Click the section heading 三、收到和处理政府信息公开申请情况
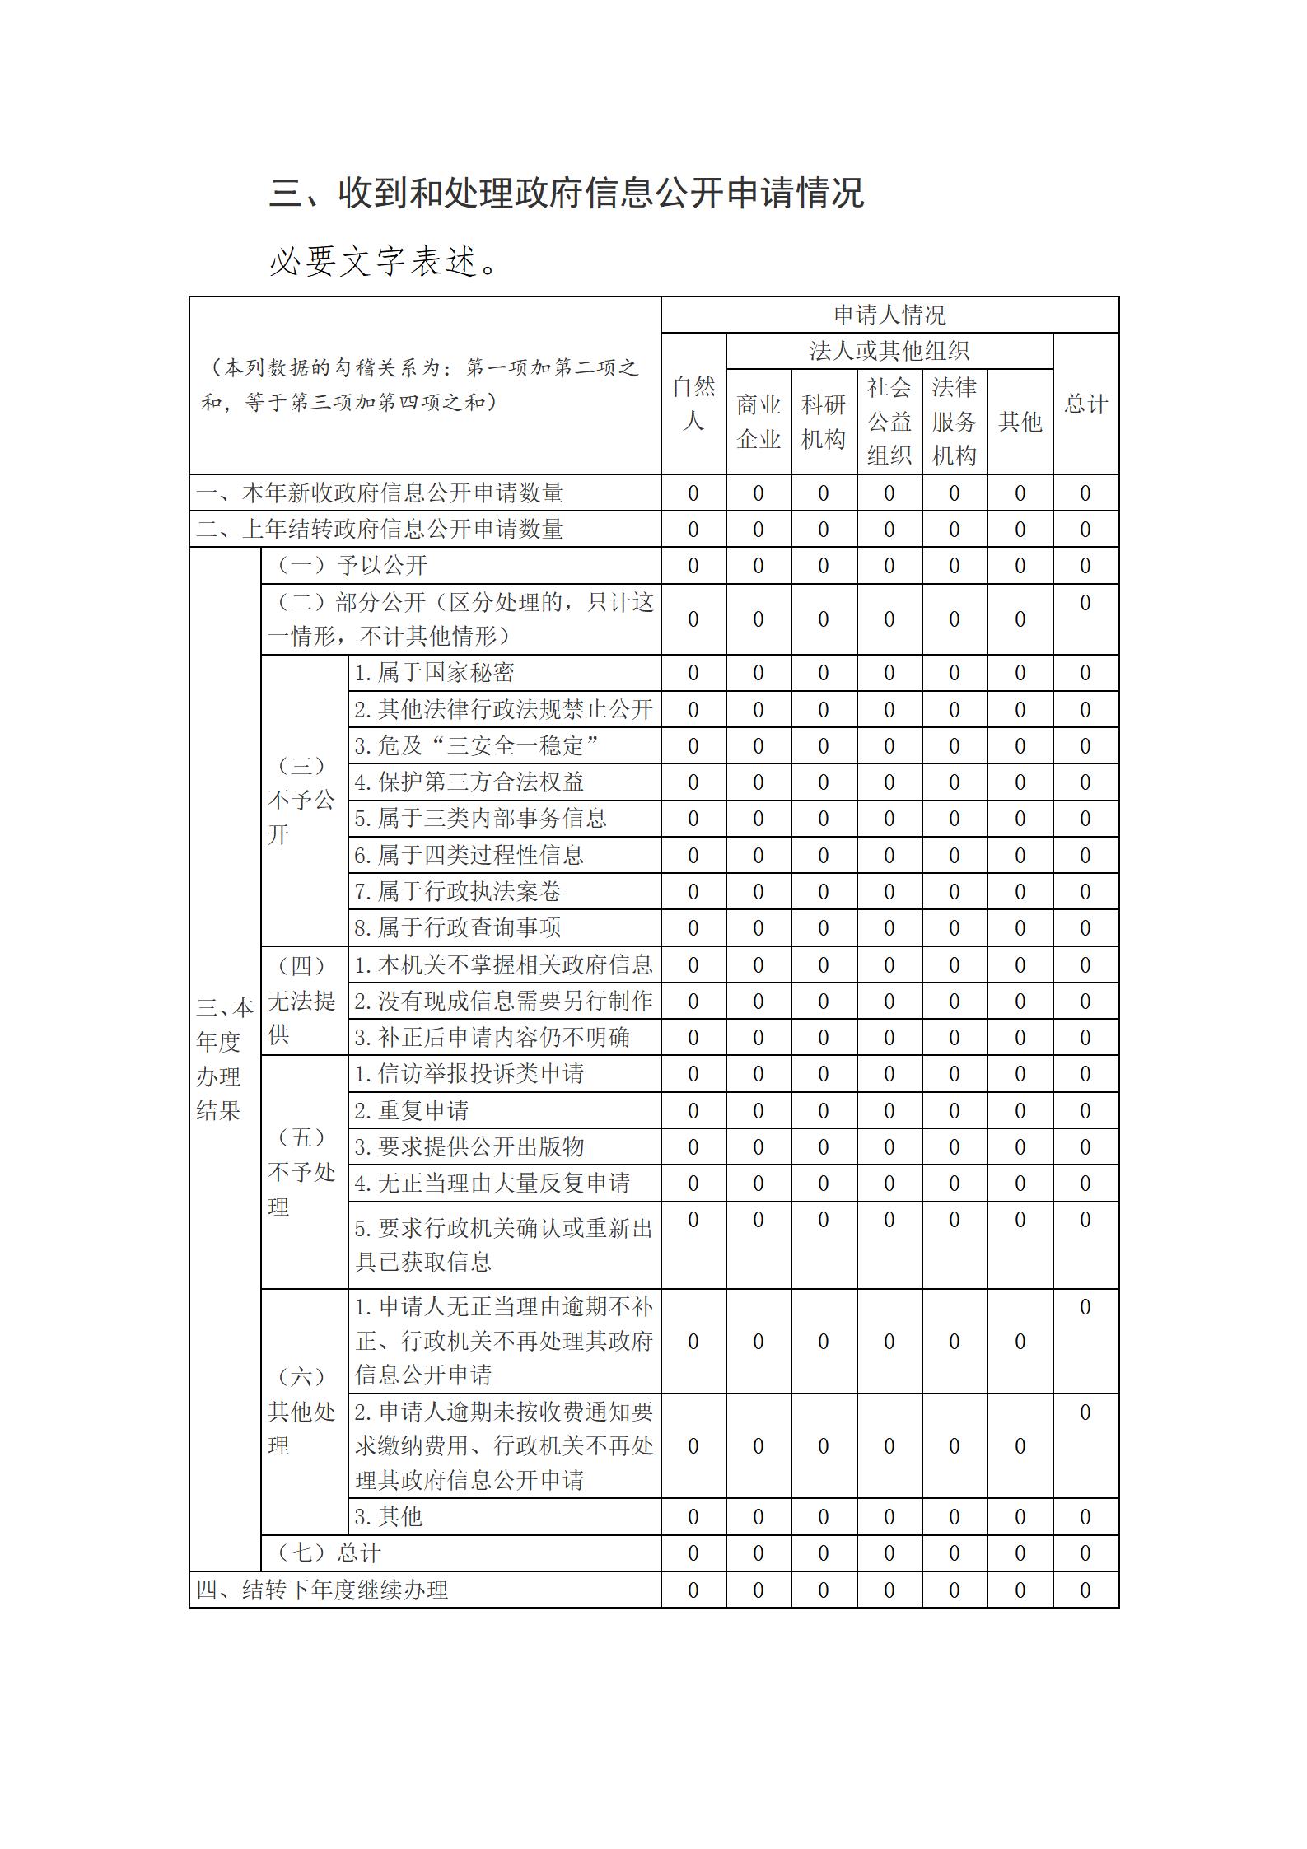[567, 194]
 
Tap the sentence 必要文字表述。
[384, 262]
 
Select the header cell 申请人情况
[889, 315]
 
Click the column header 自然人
[693, 404]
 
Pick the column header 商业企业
[758, 422]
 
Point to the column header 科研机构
[823, 422]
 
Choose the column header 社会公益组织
[889, 422]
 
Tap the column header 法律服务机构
[954, 422]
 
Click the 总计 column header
[1085, 404]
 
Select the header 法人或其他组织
[889, 352]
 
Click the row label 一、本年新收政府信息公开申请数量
[380, 493]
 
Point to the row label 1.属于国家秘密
[434, 673]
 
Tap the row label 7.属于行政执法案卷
[457, 891]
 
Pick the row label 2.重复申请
[411, 1110]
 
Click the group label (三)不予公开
[302, 800]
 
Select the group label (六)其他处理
[302, 1411]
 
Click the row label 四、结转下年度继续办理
[322, 1590]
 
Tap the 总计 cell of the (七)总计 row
[1085, 1553]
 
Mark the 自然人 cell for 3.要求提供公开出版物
[693, 1146]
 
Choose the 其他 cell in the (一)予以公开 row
[1020, 566]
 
